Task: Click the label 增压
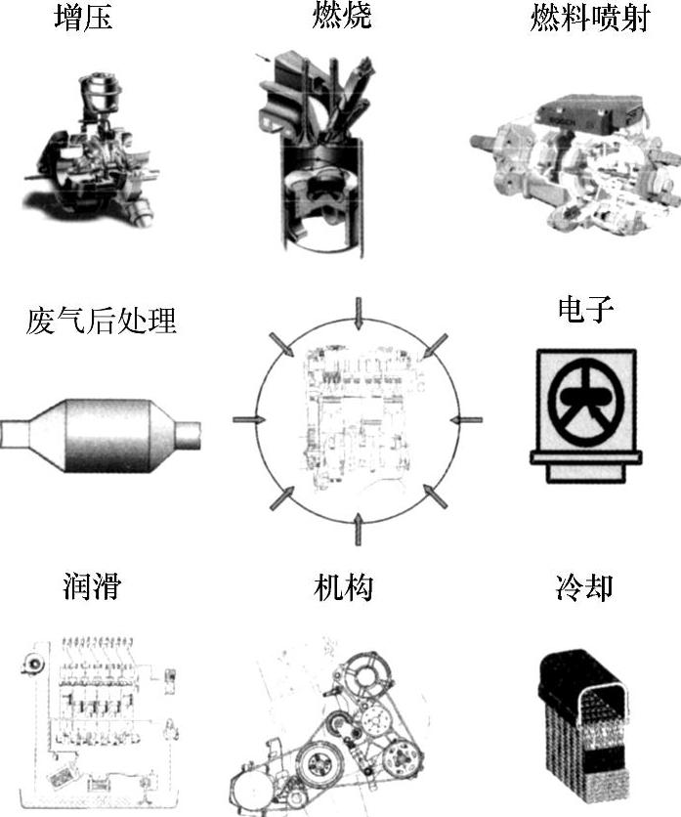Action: point(82,18)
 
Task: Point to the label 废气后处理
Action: point(101,320)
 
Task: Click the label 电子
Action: point(585,312)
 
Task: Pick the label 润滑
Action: point(90,587)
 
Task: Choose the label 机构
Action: point(343,587)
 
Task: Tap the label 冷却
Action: point(583,587)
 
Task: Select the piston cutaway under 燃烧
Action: point(320,156)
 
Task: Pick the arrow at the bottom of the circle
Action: point(359,528)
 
